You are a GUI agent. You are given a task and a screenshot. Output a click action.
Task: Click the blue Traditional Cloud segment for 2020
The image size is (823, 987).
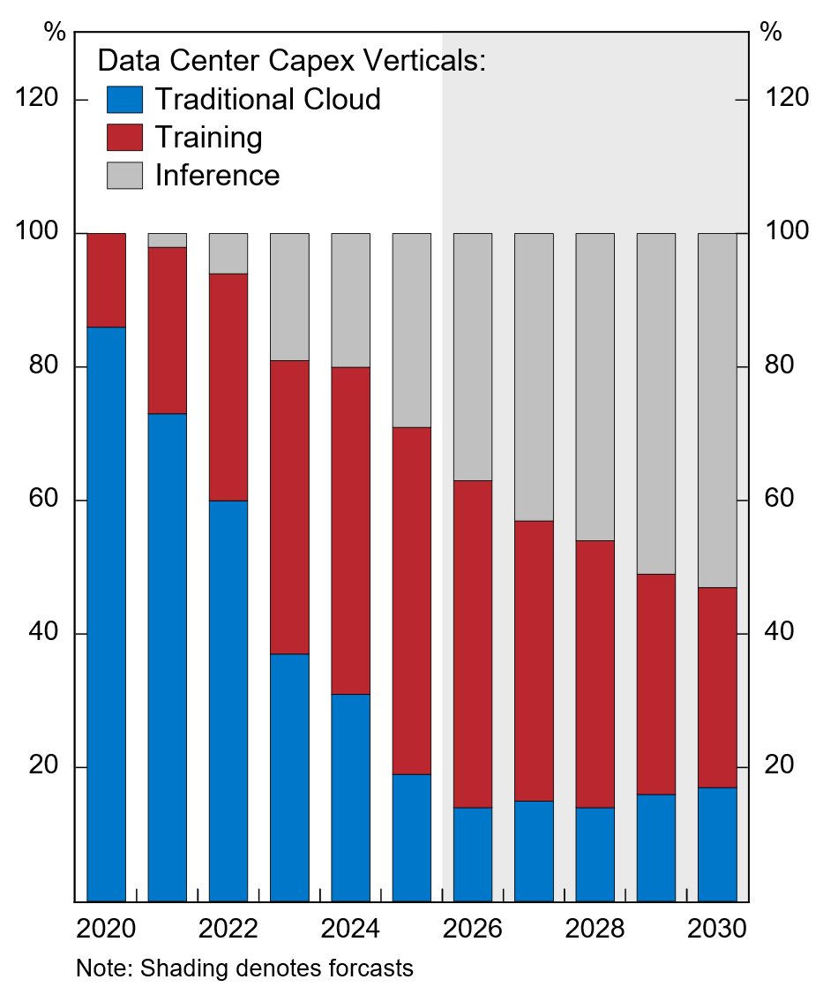(x=106, y=614)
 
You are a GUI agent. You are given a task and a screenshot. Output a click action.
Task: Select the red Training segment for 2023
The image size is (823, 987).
(x=289, y=507)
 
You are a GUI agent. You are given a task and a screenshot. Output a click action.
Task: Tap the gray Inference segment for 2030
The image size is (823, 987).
(x=717, y=410)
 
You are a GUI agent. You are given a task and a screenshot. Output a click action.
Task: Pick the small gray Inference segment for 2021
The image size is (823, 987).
(x=167, y=240)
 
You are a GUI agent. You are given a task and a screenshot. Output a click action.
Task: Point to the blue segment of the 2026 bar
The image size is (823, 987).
(x=473, y=854)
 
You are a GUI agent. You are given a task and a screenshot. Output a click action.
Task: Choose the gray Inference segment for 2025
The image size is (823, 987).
(x=412, y=330)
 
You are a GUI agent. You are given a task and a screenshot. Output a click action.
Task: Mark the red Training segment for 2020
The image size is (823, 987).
(x=106, y=280)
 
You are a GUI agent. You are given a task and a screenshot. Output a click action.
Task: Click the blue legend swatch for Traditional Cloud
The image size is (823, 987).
(x=123, y=99)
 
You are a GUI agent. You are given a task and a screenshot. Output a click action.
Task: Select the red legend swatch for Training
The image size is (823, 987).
(x=123, y=137)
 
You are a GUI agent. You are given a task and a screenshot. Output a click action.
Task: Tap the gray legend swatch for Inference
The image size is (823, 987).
(x=123, y=175)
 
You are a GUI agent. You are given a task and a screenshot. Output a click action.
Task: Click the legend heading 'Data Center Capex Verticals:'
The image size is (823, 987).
(x=292, y=61)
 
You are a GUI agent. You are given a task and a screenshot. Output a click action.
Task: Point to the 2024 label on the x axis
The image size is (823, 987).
(x=350, y=929)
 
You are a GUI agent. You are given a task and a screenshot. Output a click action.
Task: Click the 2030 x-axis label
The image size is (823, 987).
(x=717, y=929)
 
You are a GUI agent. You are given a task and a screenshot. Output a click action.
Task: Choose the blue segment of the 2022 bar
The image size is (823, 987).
(x=228, y=700)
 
